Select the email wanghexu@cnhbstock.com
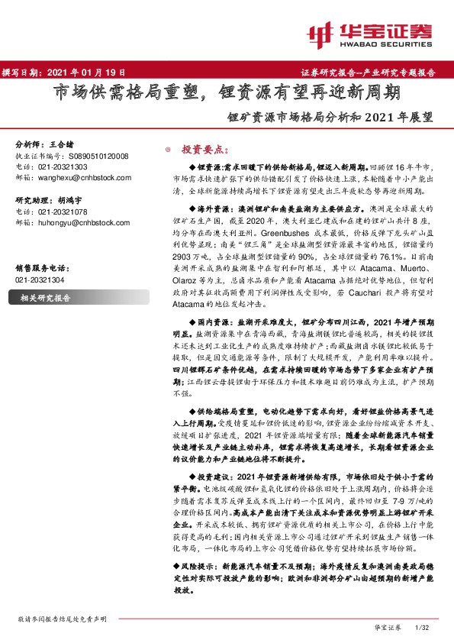(x=83, y=177)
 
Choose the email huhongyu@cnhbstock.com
(x=83, y=222)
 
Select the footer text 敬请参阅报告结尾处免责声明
(x=62, y=619)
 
